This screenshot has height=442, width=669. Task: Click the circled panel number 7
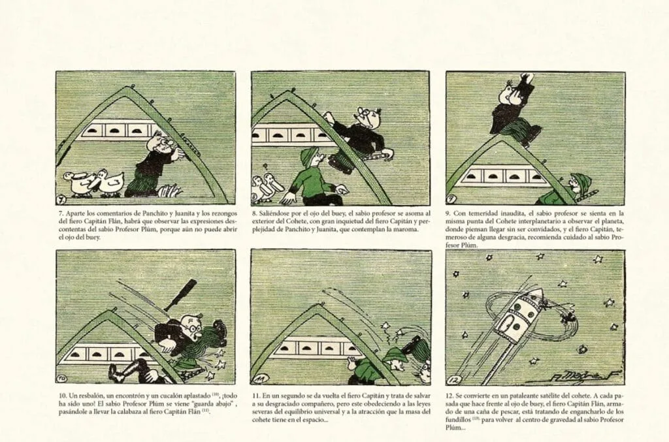(x=62, y=199)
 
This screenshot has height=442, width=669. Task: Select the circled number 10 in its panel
(x=62, y=379)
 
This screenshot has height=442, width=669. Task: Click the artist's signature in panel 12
(x=563, y=376)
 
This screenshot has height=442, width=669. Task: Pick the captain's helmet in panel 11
(x=393, y=355)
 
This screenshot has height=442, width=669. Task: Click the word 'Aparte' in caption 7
(x=75, y=213)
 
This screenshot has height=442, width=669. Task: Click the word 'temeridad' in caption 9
(x=481, y=213)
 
